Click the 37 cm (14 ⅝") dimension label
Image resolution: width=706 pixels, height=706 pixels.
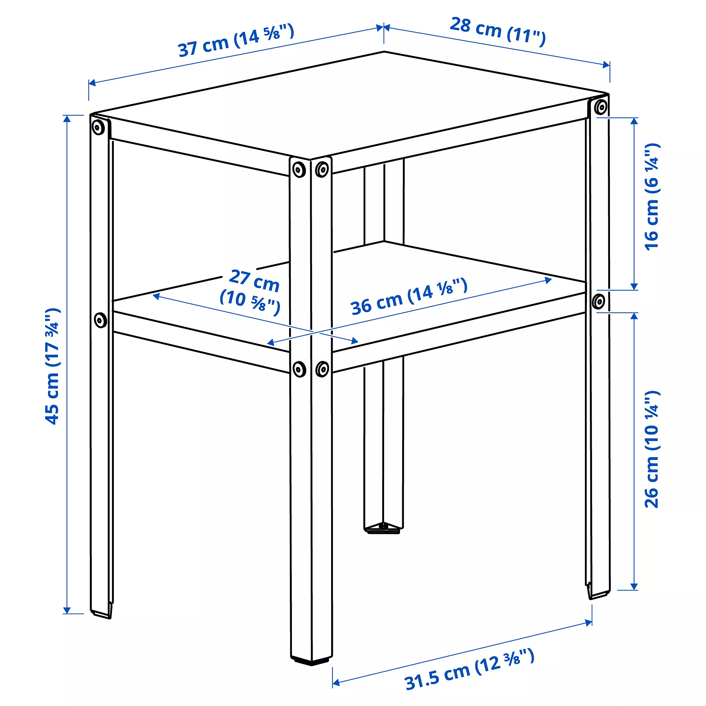pyautogui.click(x=236, y=41)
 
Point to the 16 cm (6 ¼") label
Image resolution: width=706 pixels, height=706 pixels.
pyautogui.click(x=652, y=197)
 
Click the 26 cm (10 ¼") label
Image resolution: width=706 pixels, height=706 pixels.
pyautogui.click(x=652, y=449)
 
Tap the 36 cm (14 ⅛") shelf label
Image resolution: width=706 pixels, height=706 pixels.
pyautogui.click(x=408, y=297)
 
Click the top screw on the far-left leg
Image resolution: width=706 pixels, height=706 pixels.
pyautogui.click(x=97, y=127)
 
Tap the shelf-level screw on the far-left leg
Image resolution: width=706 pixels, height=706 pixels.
pyautogui.click(x=100, y=320)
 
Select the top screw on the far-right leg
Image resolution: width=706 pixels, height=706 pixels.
pyautogui.click(x=601, y=107)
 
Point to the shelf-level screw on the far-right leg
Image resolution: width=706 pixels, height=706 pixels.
pyautogui.click(x=598, y=301)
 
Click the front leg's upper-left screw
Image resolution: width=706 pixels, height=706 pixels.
pyautogui.click(x=299, y=169)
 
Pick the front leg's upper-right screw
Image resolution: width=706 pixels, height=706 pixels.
pyautogui.click(x=322, y=169)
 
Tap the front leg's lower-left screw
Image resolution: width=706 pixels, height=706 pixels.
pyautogui.click(x=299, y=369)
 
